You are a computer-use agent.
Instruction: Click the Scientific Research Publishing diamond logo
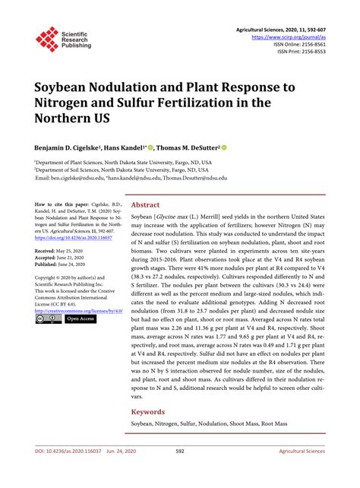point(47,39)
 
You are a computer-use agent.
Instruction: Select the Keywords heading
point(150,413)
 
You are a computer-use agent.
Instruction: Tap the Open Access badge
point(81,319)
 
